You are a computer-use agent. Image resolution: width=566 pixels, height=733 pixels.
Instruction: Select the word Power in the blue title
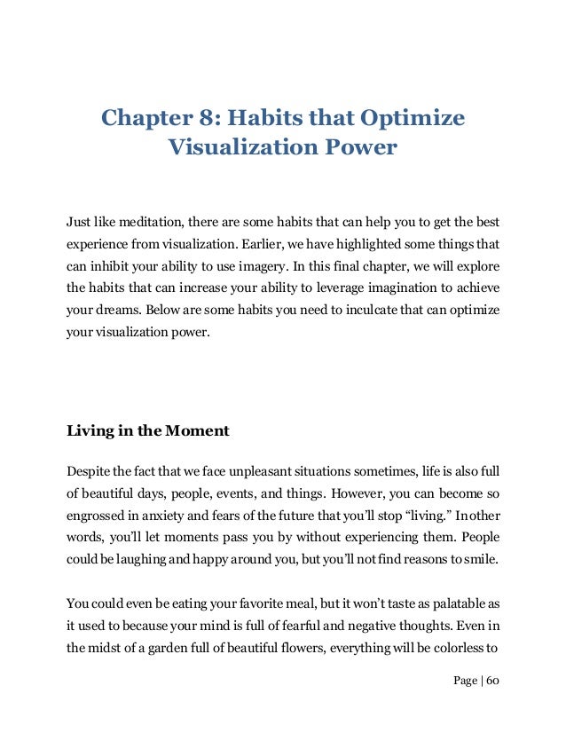pyautogui.click(x=359, y=146)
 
